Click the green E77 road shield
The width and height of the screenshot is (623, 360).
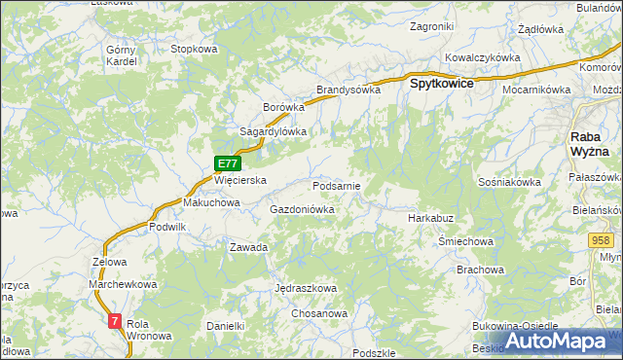click(227, 164)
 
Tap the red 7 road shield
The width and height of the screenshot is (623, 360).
click(116, 320)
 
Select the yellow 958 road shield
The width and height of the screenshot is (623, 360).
click(600, 239)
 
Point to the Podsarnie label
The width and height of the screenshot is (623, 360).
click(337, 185)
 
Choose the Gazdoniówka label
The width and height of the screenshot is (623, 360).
click(302, 209)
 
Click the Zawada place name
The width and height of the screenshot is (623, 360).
click(248, 247)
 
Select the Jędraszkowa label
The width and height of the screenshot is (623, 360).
click(306, 289)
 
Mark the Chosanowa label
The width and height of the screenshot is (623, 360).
click(320, 314)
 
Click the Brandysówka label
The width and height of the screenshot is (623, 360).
click(348, 90)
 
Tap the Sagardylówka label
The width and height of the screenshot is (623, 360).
click(274, 131)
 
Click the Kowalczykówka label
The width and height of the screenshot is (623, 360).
click(483, 57)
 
